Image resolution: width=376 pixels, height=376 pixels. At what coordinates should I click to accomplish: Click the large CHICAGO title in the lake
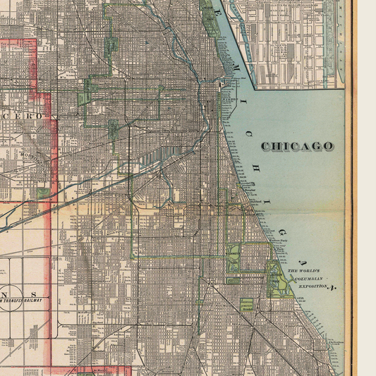coord(297,146)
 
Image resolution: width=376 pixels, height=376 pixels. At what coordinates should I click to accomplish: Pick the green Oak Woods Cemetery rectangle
coord(246,305)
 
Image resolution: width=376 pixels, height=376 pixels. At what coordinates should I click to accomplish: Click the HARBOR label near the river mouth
coord(229,99)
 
